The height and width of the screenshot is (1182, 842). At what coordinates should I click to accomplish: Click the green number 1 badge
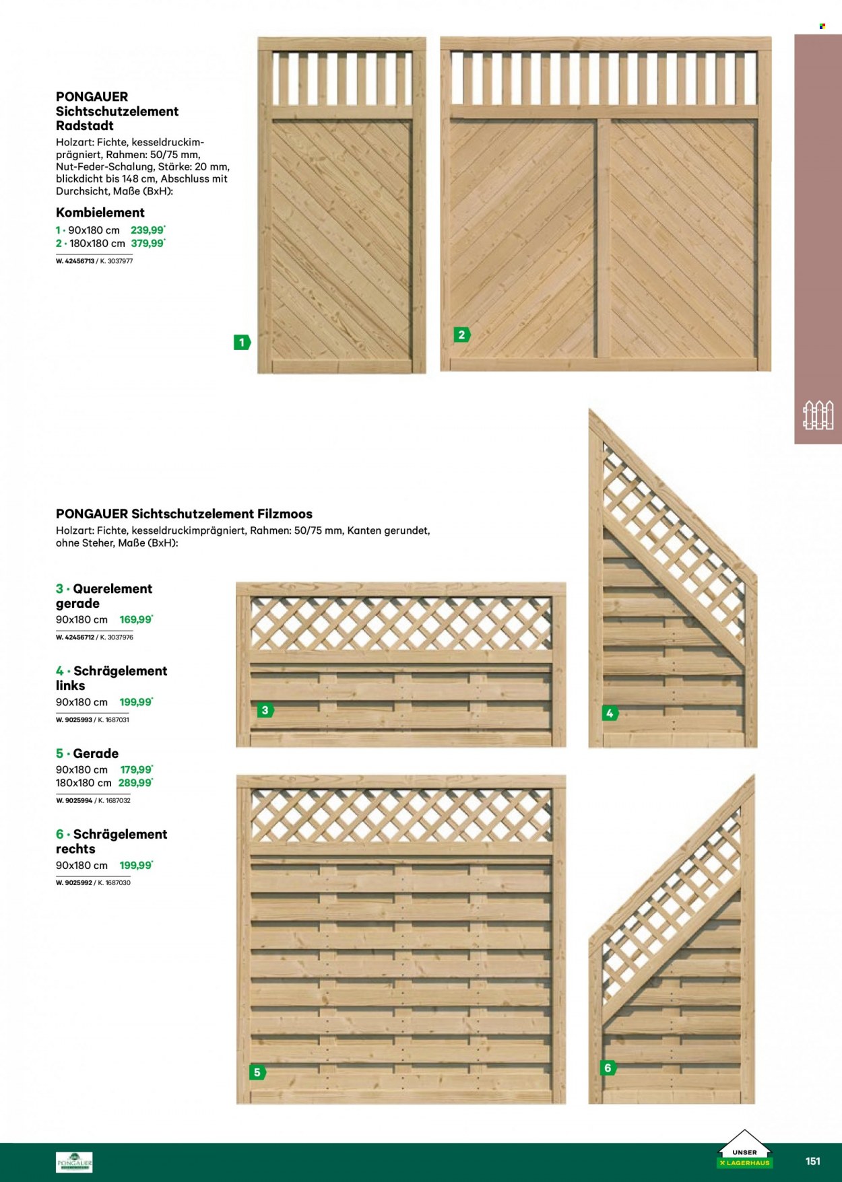(242, 343)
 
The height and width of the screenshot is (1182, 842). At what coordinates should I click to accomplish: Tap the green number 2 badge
(461, 335)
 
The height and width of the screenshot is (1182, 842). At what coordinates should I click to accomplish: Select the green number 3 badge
(265, 710)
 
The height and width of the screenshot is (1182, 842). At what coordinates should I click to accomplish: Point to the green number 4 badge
(610, 714)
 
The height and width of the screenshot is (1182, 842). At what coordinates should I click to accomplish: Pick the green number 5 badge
(257, 1072)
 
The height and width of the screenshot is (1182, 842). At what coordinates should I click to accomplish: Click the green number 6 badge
(608, 1068)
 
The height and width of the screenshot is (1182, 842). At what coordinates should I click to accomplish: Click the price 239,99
(148, 230)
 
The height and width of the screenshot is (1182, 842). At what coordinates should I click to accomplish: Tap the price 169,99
(136, 619)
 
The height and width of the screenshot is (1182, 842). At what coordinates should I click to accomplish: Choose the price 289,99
(135, 783)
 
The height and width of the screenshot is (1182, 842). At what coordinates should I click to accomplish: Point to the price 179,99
(137, 769)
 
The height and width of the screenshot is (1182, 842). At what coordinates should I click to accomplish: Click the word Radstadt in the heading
(85, 126)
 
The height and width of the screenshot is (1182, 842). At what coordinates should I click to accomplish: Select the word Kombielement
(100, 213)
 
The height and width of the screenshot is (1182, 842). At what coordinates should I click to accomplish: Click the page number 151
(813, 1161)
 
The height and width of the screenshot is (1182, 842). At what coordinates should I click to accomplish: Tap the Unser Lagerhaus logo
(744, 1149)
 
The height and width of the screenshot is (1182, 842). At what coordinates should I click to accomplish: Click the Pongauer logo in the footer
(74, 1162)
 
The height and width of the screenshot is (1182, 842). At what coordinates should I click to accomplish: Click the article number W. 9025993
(74, 720)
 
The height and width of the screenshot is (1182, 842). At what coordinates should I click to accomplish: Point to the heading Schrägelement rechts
(111, 841)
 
